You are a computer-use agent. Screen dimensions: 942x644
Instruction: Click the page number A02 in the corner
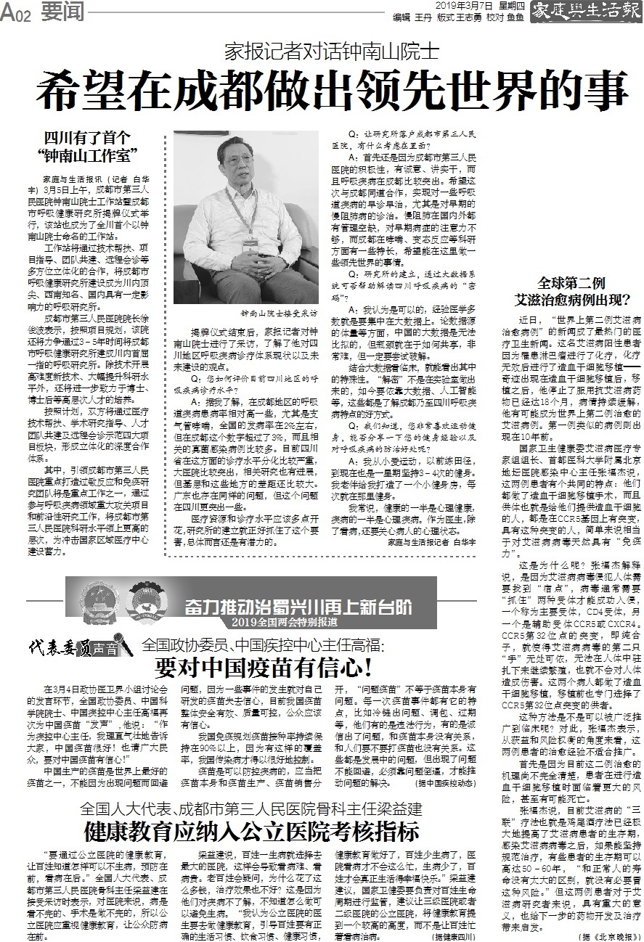(16, 13)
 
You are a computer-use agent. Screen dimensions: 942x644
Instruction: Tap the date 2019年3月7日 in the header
(461, 5)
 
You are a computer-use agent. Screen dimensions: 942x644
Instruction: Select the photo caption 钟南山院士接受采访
(280, 313)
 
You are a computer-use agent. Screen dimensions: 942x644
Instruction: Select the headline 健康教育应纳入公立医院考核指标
(250, 830)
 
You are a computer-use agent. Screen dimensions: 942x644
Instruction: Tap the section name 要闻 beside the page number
(62, 12)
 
